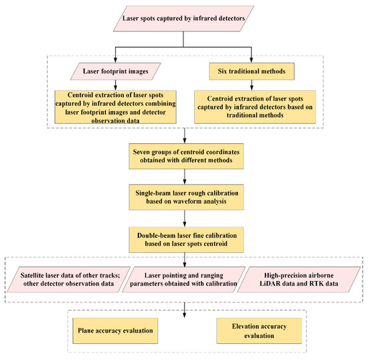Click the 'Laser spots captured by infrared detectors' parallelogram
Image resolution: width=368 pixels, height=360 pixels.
[183, 19]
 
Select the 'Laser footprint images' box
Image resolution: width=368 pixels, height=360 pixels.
[116, 72]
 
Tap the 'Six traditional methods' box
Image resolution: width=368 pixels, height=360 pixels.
[252, 72]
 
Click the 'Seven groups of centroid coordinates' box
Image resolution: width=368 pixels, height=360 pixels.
[186, 157]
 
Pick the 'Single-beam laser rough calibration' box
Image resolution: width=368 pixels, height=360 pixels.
[186, 197]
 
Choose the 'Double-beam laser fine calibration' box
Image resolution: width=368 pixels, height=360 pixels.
[186, 240]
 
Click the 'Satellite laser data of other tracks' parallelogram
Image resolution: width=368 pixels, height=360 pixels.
[68, 280]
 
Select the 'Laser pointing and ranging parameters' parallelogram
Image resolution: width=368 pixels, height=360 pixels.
[183, 280]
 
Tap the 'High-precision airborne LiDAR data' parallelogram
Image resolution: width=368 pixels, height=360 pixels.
[299, 280]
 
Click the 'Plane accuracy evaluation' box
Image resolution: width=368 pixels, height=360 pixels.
[115, 331]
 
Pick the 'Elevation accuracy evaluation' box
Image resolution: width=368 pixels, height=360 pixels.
[259, 331]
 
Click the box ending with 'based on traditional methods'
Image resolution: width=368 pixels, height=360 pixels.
[255, 107]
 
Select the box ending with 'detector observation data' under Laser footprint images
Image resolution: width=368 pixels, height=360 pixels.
[116, 107]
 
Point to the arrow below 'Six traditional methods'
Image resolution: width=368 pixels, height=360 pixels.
[252, 85]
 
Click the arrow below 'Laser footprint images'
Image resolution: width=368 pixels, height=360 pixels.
[115, 85]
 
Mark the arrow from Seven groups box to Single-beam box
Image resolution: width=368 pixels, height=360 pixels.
[185, 177]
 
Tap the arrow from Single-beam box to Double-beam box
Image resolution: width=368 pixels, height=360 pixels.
[185, 219]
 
